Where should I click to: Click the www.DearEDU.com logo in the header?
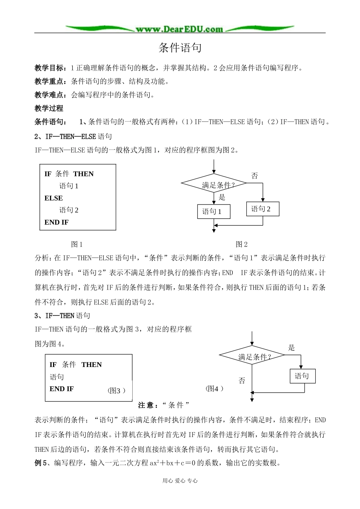pos(180,29)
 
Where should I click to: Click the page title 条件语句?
pos(180,48)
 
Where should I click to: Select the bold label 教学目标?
pos(49,68)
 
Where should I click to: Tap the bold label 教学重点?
pos(49,81)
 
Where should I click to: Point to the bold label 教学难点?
pos(49,95)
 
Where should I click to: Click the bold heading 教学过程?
pos(49,108)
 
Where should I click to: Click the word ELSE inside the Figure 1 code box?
pos(54,198)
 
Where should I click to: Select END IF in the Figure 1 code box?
pos(56,222)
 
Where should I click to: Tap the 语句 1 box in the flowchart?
pos(214,212)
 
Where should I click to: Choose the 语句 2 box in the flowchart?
pos(263,209)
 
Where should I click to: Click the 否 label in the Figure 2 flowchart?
pos(255,176)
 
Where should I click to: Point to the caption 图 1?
pos(77,244)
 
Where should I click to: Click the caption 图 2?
pos(241,244)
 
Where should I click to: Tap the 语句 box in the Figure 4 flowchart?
pos(302,376)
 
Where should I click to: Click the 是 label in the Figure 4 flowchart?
pos(291,348)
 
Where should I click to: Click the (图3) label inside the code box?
pos(116,390)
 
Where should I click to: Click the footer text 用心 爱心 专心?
pos(180,481)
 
